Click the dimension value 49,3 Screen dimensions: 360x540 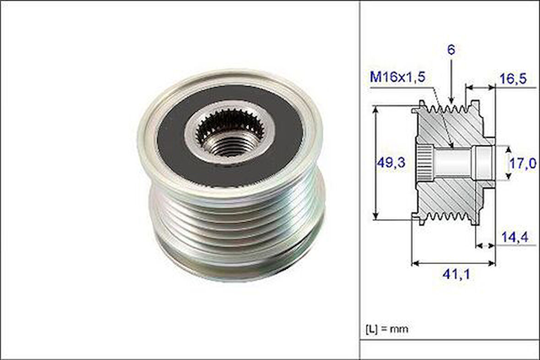click(390, 163)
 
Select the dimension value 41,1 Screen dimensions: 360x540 click(455, 274)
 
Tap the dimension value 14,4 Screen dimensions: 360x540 click(514, 237)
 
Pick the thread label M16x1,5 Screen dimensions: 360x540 click(397, 77)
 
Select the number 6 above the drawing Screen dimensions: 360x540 click(451, 50)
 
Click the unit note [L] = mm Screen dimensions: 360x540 click(386, 328)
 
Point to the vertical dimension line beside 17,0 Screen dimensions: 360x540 click(507, 163)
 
